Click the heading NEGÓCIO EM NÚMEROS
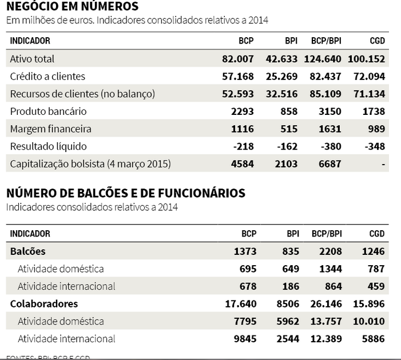[72, 7]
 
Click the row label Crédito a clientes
[47, 77]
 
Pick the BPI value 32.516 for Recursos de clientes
[283, 94]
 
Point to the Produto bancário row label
[49, 111]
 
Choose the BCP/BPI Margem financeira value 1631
[329, 129]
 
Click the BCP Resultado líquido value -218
[244, 146]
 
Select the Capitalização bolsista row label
[90, 164]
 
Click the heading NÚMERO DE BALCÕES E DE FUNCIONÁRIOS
[125, 193]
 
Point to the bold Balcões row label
[28, 251]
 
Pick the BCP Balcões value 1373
[244, 251]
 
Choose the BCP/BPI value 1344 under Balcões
[329, 269]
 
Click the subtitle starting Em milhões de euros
[137, 21]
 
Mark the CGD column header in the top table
[377, 41]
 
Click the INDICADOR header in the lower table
[30, 233]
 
